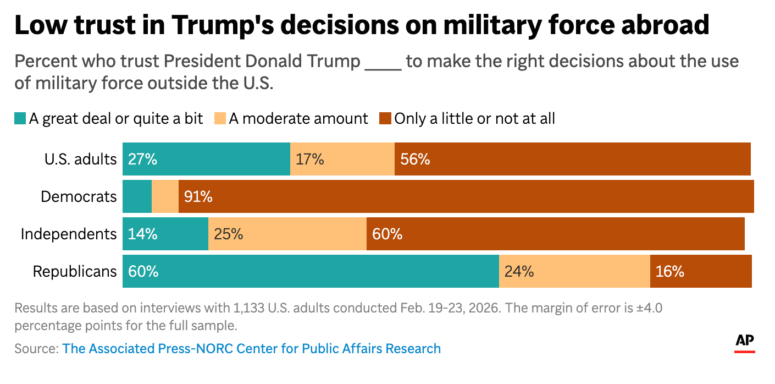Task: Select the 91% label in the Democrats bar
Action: pos(198,196)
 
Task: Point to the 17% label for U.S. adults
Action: pos(310,160)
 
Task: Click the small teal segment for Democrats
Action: pos(137,196)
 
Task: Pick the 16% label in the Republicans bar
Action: pos(669,271)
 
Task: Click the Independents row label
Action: pos(69,234)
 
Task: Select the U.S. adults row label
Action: pos(80,160)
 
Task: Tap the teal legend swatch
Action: pos(20,118)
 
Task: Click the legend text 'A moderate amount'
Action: pos(298,118)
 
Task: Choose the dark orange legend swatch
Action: pos(385,118)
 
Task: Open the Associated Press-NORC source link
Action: pos(251,348)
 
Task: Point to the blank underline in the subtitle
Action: pos(383,62)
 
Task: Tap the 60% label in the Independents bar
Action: pos(387,234)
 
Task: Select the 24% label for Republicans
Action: pos(519,271)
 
